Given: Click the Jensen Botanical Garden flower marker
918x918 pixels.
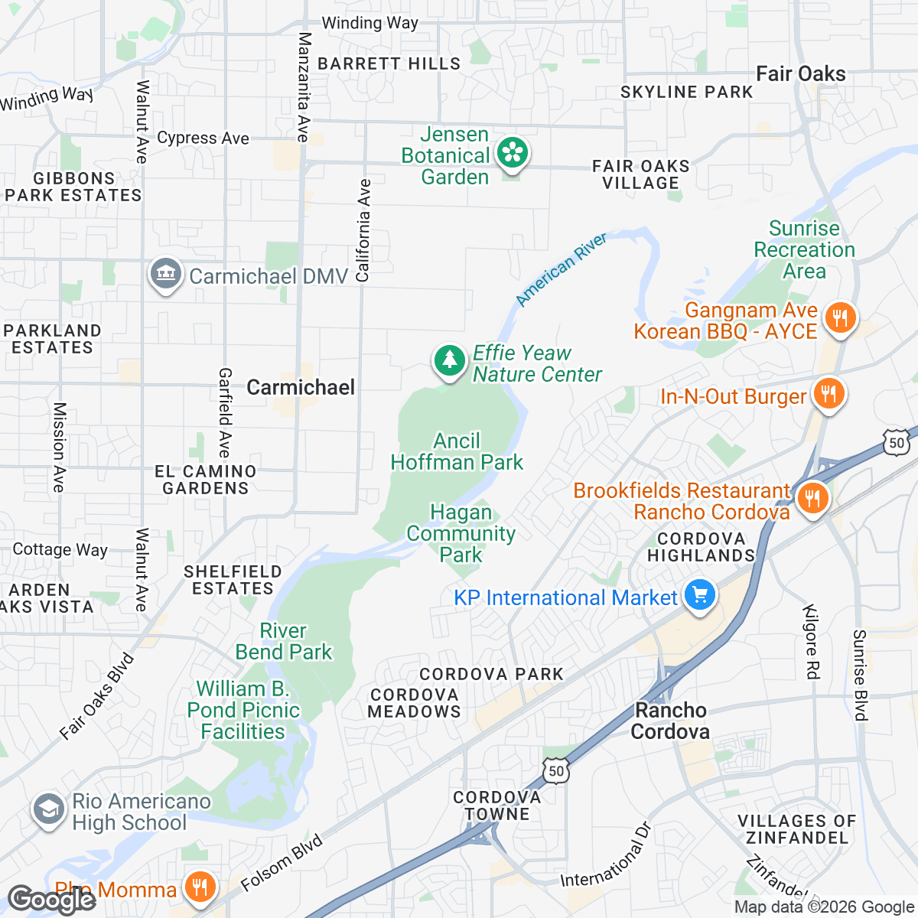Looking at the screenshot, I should click(x=512, y=154).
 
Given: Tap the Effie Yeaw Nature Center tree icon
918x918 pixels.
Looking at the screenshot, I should click(x=450, y=360).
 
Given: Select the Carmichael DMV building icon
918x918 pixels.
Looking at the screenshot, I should click(x=166, y=274).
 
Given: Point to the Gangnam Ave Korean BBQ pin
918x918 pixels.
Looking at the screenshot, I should click(x=840, y=317).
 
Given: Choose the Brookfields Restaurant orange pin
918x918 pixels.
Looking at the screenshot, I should click(x=812, y=499).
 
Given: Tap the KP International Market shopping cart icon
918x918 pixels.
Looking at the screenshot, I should click(x=699, y=596).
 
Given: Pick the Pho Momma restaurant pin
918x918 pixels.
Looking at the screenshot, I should click(x=200, y=887).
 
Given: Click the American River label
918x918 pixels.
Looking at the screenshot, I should click(x=562, y=269).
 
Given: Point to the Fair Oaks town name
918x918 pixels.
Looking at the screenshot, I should click(x=801, y=73).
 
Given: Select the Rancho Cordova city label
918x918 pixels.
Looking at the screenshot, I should click(x=670, y=721).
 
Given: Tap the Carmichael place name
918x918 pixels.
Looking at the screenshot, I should click(x=301, y=387).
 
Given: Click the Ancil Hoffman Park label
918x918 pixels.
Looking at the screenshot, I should click(x=457, y=451).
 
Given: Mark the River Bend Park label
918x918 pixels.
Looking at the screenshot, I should click(x=284, y=641).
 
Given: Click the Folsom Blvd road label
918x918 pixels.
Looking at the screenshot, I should click(x=282, y=862).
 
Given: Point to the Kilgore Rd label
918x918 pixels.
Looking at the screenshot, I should click(x=811, y=641).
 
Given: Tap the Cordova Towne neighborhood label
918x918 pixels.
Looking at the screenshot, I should click(x=497, y=806).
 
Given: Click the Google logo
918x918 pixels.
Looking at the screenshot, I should click(x=52, y=900).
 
